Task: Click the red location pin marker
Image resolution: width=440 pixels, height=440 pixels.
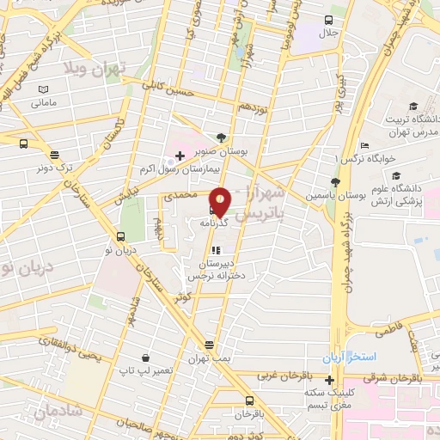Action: pyautogui.click(x=221, y=201)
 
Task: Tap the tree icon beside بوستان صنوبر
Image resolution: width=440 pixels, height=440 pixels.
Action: pyautogui.click(x=223, y=137)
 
